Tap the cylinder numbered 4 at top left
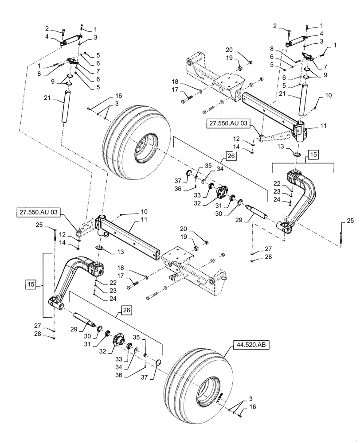click(x=71, y=43)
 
